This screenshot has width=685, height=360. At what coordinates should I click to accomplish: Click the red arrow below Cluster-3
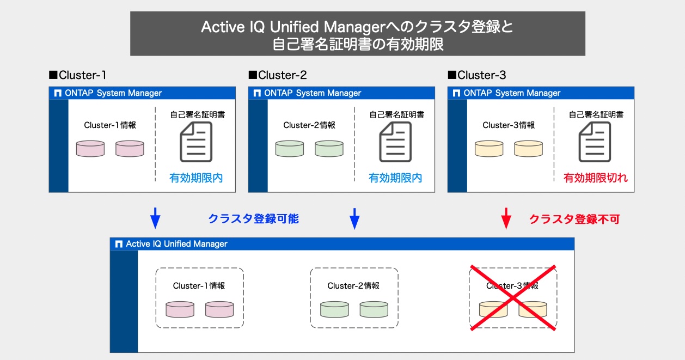[506, 218]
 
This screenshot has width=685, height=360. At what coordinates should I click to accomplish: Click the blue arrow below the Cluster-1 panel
[155, 218]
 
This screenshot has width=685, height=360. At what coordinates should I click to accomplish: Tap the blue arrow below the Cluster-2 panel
[354, 218]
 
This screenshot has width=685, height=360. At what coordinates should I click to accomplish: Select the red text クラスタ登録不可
[574, 219]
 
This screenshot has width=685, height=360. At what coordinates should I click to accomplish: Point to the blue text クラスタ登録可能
[253, 219]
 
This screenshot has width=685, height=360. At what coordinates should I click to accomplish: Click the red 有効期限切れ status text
[595, 178]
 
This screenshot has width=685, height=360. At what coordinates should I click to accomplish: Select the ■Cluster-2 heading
[278, 75]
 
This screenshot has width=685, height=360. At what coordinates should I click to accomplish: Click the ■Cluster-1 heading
[78, 75]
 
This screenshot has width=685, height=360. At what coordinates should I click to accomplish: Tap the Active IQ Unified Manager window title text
[176, 244]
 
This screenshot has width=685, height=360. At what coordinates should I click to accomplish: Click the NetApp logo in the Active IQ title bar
[118, 244]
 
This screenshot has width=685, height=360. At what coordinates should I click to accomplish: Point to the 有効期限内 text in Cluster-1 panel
[196, 178]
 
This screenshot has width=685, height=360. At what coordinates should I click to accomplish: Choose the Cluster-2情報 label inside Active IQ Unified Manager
[353, 286]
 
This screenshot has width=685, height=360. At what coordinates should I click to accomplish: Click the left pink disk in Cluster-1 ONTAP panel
[90, 149]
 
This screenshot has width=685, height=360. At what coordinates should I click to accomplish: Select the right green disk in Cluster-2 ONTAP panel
[329, 149]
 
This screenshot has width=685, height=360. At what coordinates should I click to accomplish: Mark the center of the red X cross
[513, 298]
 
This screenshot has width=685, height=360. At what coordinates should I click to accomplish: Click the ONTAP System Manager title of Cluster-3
[512, 93]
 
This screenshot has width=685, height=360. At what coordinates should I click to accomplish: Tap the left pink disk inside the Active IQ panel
[180, 309]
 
